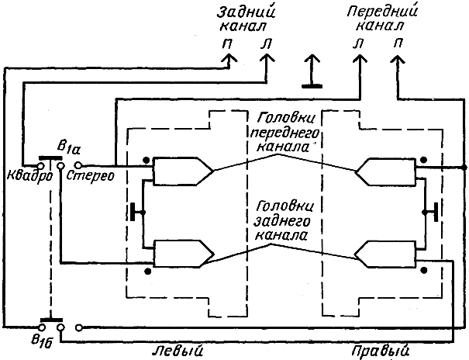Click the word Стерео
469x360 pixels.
(91, 175)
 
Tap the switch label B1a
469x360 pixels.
(68, 148)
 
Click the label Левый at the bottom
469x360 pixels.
(178, 351)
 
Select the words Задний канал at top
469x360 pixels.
(246, 19)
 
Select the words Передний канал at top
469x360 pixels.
(382, 19)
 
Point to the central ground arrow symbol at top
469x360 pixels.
(312, 71)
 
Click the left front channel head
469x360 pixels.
(183, 171)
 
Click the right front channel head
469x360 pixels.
(386, 171)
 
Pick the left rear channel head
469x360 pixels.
(184, 254)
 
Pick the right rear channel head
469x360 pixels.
(385, 254)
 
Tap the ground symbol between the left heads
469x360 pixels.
(137, 212)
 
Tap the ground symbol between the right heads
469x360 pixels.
(431, 212)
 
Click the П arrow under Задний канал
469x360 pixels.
(229, 61)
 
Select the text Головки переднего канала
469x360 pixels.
(284, 133)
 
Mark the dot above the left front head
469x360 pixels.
(146, 160)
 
